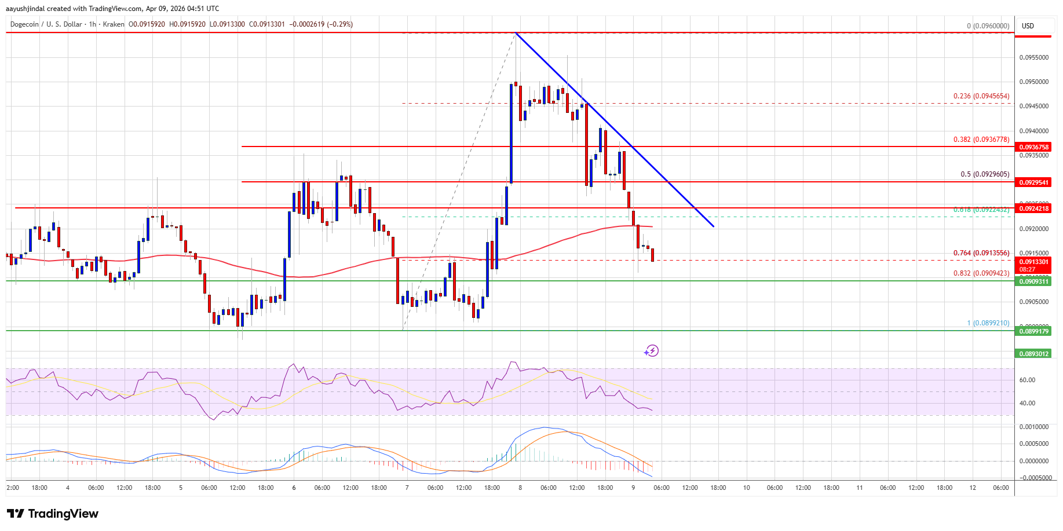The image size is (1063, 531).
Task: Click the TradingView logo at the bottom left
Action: pyautogui.click(x=53, y=514)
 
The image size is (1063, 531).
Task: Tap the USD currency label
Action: pyautogui.click(x=1028, y=26)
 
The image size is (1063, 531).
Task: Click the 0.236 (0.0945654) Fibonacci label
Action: pyautogui.click(x=981, y=96)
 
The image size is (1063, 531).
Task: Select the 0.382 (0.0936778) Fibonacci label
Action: pyautogui.click(x=981, y=140)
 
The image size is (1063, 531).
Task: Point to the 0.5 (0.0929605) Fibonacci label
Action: pyautogui.click(x=985, y=174)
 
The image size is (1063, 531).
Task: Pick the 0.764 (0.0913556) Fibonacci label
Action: pyautogui.click(x=981, y=253)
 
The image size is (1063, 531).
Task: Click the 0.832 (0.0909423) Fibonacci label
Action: pyautogui.click(x=981, y=273)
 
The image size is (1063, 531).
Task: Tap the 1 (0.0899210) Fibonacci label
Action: pyautogui.click(x=988, y=323)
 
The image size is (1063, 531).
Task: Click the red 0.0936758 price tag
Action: pyautogui.click(x=1034, y=147)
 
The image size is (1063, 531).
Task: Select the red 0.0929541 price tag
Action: pyautogui.click(x=1034, y=182)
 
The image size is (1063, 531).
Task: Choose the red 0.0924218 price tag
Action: pyautogui.click(x=1034, y=208)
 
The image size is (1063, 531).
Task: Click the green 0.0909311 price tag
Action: pyautogui.click(x=1034, y=281)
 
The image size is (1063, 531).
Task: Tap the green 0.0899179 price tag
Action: pyautogui.click(x=1034, y=331)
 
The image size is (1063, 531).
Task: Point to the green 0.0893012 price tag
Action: pyautogui.click(x=1034, y=354)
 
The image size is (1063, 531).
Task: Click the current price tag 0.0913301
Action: pyautogui.click(x=1034, y=262)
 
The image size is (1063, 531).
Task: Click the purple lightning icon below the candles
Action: pyautogui.click(x=652, y=350)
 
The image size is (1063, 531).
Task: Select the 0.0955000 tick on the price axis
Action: pyautogui.click(x=1034, y=57)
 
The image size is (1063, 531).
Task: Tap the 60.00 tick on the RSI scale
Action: pyautogui.click(x=1027, y=380)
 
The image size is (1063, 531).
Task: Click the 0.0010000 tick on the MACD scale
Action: pyautogui.click(x=1034, y=427)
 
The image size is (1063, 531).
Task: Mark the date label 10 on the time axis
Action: pyautogui.click(x=747, y=488)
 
